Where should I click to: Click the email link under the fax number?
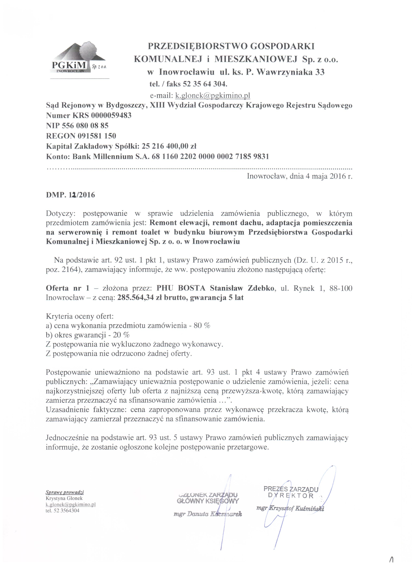[x=213, y=95]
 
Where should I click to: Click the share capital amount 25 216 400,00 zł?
[x=169, y=146]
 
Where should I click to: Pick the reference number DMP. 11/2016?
[x=70, y=195]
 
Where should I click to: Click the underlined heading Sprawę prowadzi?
[x=65, y=492]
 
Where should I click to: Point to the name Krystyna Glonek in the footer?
[x=64, y=498]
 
